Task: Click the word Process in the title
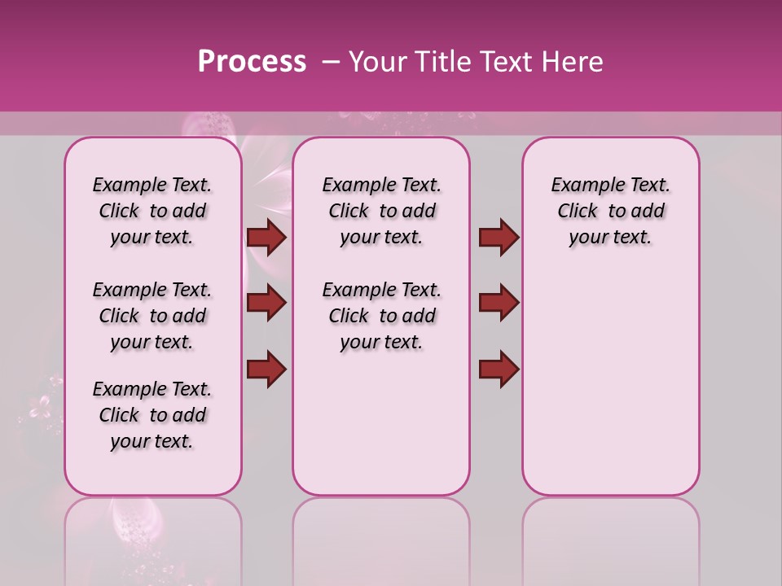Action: pyautogui.click(x=252, y=62)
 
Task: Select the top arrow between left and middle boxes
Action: pyautogui.click(x=266, y=238)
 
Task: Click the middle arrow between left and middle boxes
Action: pyautogui.click(x=266, y=304)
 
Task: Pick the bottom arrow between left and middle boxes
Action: pyautogui.click(x=266, y=369)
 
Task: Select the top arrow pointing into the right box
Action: pyautogui.click(x=499, y=238)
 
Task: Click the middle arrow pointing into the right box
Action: pyautogui.click(x=499, y=304)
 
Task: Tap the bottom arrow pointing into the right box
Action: pyautogui.click(x=499, y=369)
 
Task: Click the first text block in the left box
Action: pyautogui.click(x=152, y=211)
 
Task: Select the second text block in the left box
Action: pyautogui.click(x=152, y=316)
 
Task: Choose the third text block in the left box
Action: pyautogui.click(x=152, y=415)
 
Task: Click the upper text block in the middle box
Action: pyautogui.click(x=381, y=211)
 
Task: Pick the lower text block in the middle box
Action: pyautogui.click(x=381, y=316)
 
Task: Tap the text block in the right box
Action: pyautogui.click(x=610, y=211)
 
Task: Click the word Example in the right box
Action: pyautogui.click(x=581, y=186)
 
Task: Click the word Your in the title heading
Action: pyautogui.click(x=378, y=62)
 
